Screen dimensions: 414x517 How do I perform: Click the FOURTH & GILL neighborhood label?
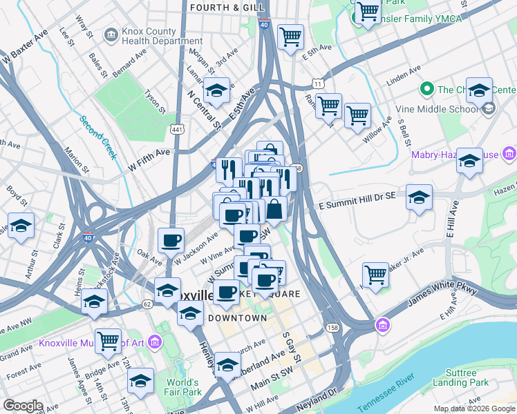click(218, 8)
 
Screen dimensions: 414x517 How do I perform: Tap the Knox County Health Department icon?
click(110, 34)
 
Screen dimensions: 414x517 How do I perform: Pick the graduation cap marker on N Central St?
click(216, 91)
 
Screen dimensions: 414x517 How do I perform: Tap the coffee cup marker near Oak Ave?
click(171, 241)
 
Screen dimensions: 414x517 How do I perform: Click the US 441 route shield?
click(176, 128)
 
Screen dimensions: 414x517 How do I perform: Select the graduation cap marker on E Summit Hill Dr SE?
click(419, 198)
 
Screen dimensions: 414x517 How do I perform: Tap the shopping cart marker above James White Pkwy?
click(375, 274)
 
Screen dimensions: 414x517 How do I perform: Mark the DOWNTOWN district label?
click(237, 318)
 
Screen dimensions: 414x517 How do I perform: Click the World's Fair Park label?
click(182, 387)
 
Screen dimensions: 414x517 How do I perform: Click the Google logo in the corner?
click(23, 406)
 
